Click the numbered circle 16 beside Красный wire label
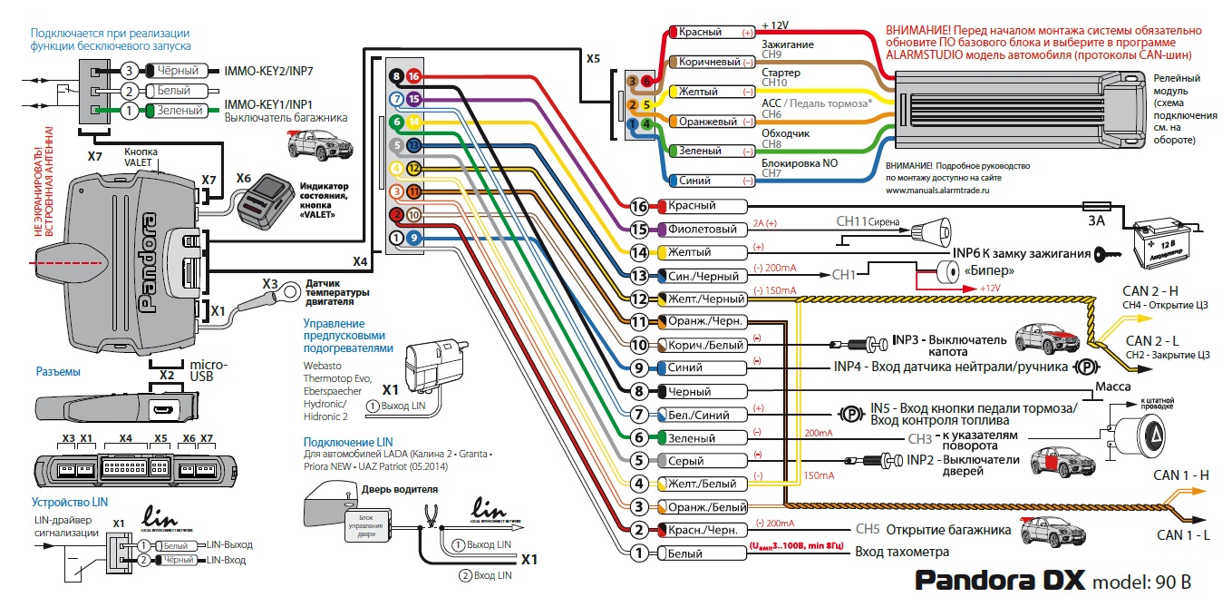(640, 206)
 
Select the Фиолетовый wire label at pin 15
(696, 229)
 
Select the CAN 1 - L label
(1181, 536)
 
